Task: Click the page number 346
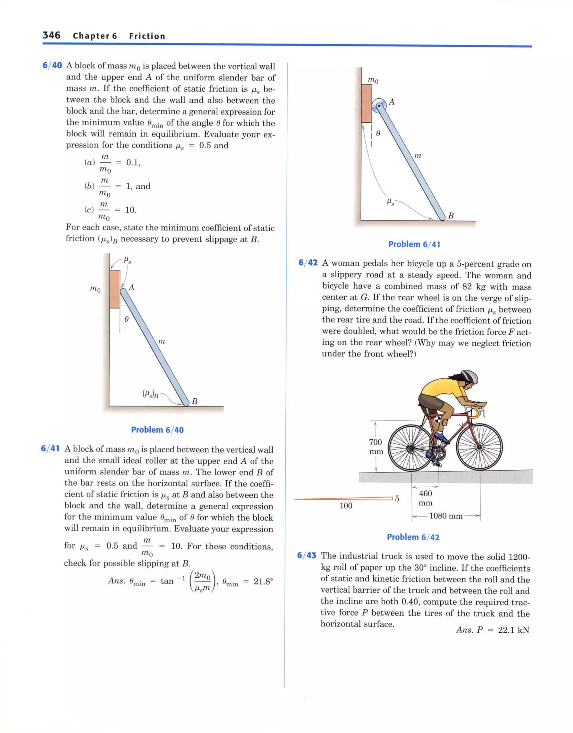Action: point(51,35)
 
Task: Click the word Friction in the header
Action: point(147,36)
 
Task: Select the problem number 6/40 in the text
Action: point(52,65)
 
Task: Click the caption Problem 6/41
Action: point(414,244)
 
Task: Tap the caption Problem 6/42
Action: point(413,537)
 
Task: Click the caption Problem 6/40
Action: point(157,430)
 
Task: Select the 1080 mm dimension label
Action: point(446,516)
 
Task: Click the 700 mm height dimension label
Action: point(376,447)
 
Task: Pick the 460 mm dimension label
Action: point(426,498)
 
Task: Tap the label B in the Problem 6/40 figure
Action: point(194,401)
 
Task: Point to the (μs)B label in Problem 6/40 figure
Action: point(150,394)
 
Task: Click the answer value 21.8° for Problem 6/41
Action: point(263,581)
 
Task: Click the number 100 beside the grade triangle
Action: point(346,506)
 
